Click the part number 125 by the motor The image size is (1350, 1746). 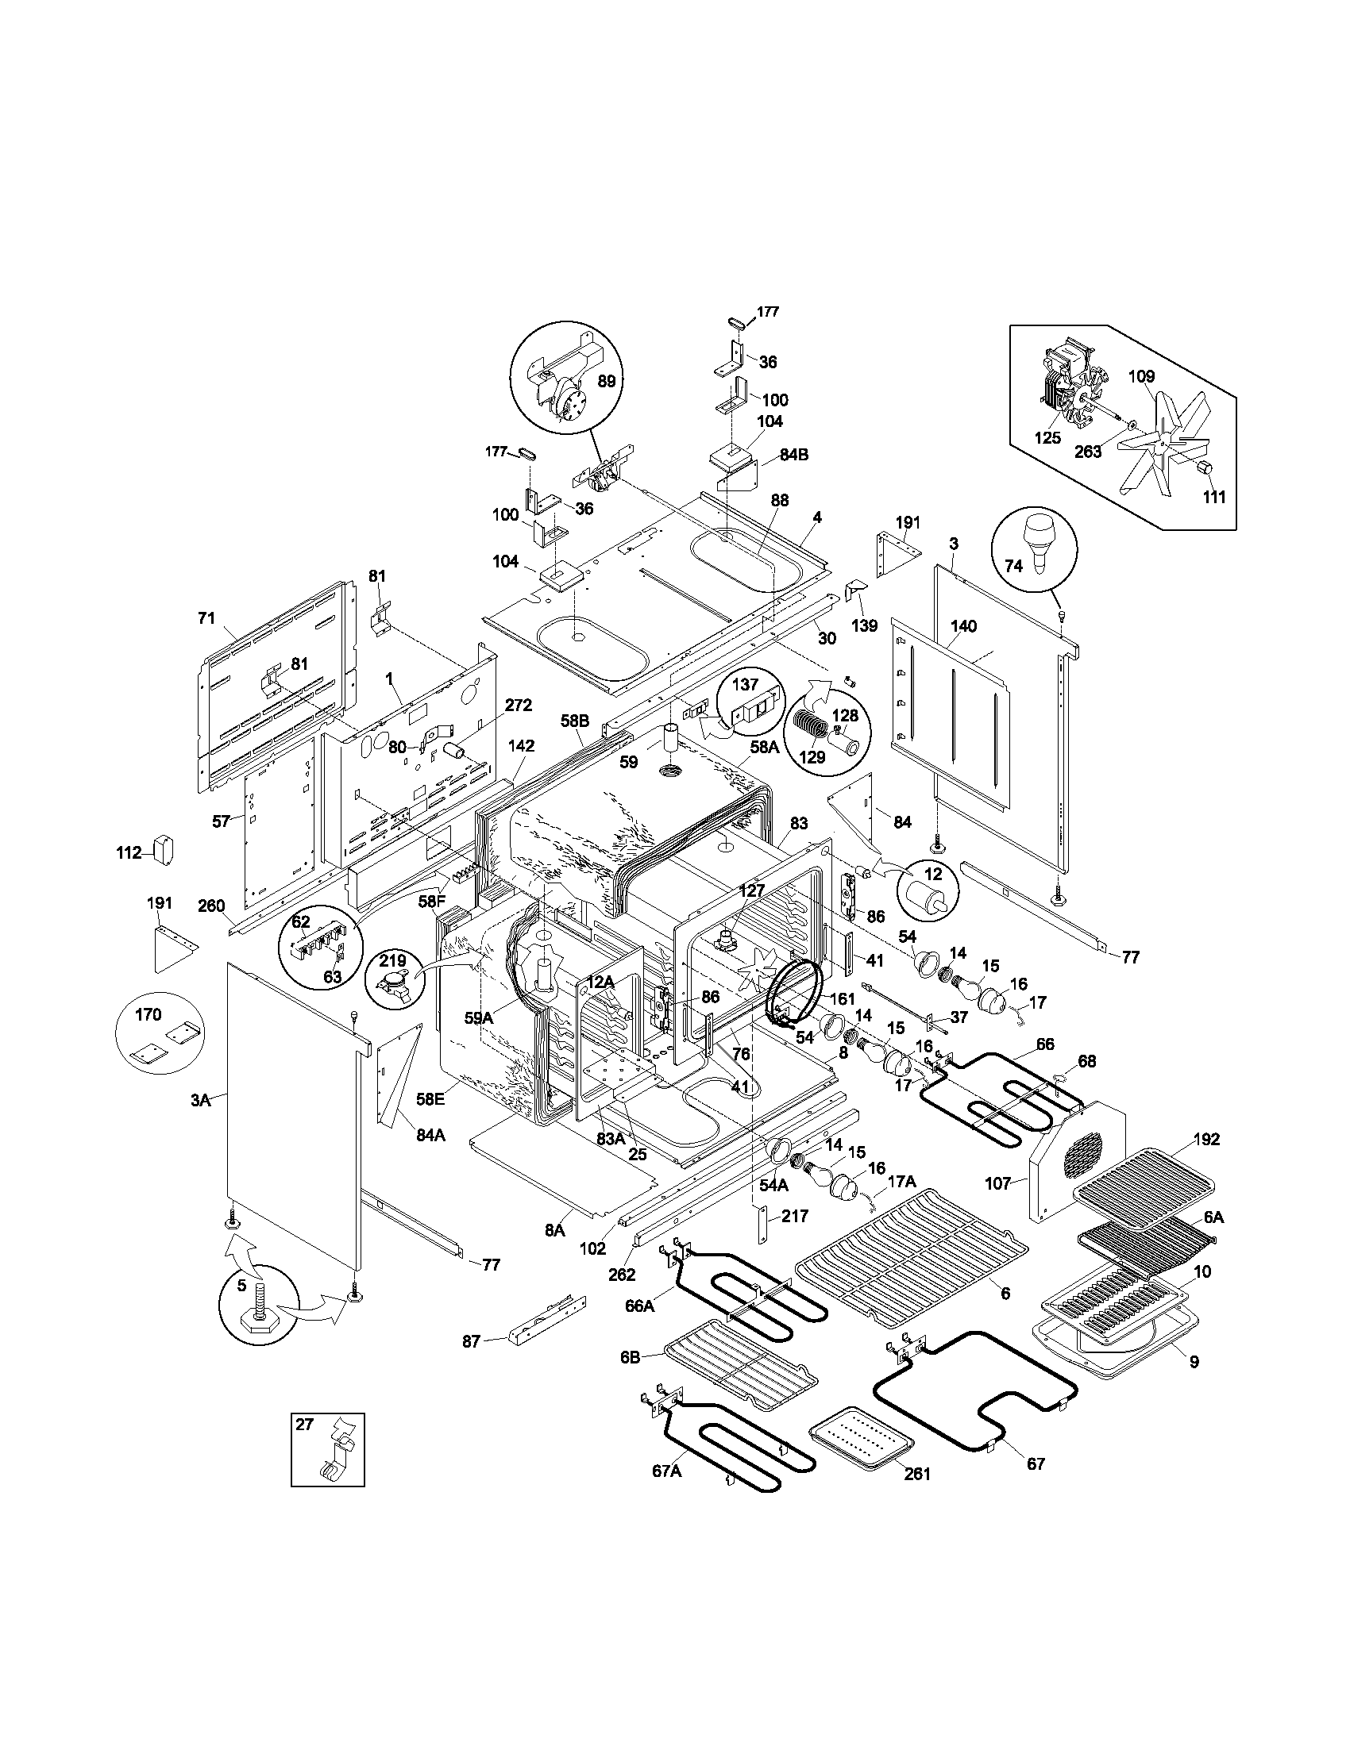coord(1047,438)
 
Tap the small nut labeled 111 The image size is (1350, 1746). coord(1207,468)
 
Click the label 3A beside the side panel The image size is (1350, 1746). coord(200,1100)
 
